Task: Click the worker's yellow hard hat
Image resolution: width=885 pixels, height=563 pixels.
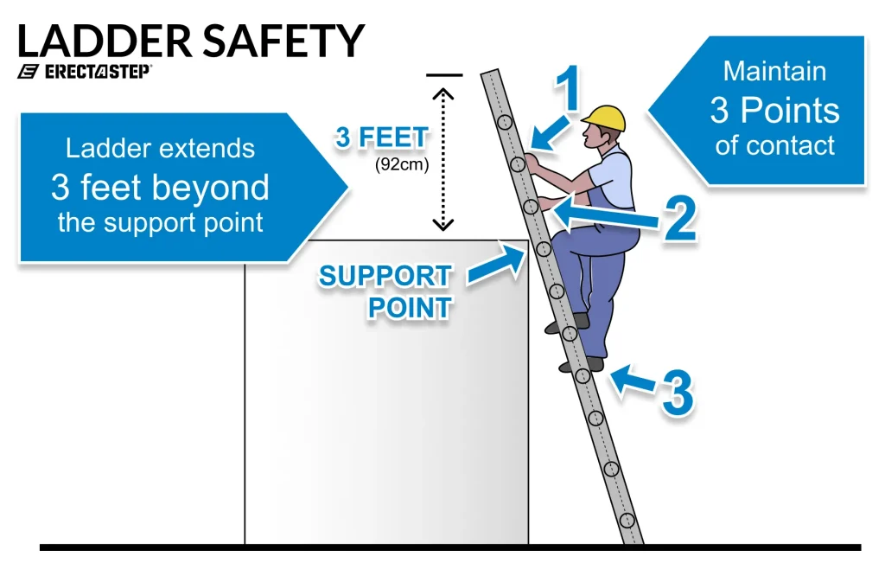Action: click(x=603, y=118)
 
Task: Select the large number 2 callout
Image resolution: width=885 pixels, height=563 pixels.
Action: click(x=679, y=217)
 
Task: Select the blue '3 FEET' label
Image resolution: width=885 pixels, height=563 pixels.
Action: click(x=381, y=138)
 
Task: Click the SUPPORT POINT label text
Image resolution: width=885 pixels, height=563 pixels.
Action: click(x=385, y=292)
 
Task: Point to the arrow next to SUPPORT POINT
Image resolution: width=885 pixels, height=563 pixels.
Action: click(x=496, y=266)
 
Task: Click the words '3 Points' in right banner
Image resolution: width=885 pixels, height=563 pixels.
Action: click(x=774, y=111)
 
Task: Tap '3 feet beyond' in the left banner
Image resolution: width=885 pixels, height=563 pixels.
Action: click(x=160, y=187)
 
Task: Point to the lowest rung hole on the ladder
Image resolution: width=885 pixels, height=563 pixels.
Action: click(x=627, y=520)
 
